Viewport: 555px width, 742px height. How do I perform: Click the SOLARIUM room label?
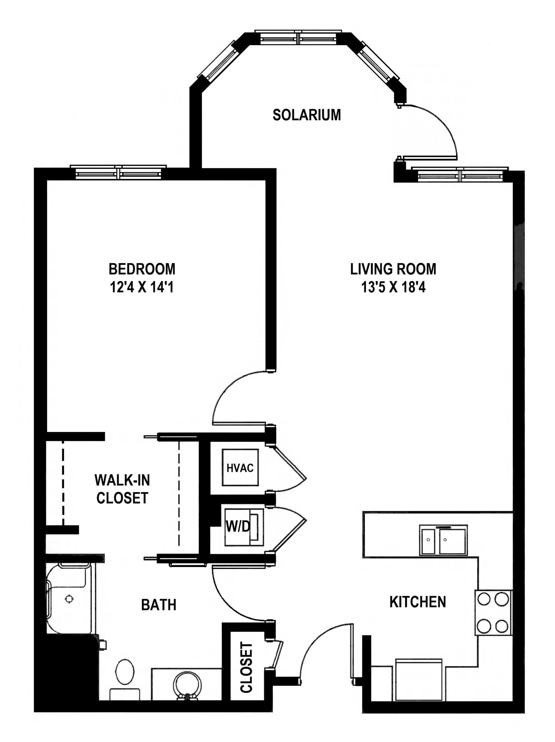pos(307,115)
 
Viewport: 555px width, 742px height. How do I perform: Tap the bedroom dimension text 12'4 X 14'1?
pos(142,287)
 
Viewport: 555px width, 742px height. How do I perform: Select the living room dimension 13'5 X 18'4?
pos(393,287)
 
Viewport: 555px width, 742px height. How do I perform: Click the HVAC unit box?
pos(240,467)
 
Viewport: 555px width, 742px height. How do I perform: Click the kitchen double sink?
pos(444,539)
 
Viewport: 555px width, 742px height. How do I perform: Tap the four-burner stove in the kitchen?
pos(493,612)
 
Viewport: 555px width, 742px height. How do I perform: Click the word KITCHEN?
pos(418,602)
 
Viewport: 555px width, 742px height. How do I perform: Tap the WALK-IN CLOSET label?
pos(122,489)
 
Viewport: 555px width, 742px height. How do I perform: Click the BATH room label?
pos(159,604)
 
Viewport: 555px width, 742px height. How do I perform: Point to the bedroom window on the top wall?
pos(118,172)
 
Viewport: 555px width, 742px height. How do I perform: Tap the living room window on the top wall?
pos(460,175)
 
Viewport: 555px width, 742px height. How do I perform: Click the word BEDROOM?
pos(142,269)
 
